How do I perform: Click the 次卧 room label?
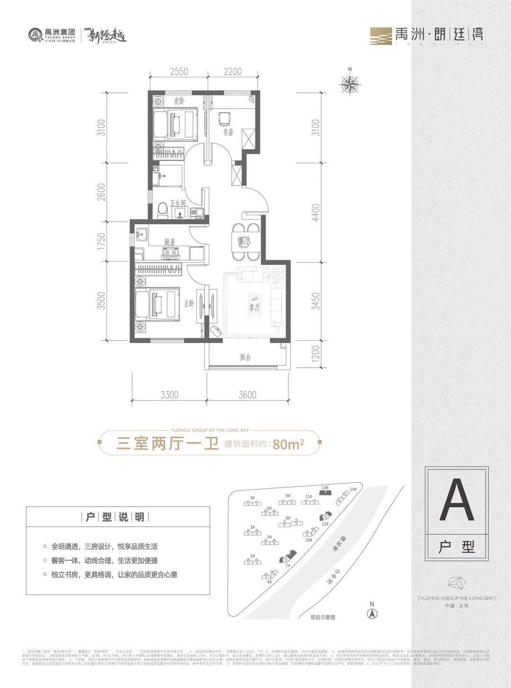[178, 101]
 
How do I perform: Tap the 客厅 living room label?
[255, 308]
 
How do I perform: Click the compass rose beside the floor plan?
[350, 85]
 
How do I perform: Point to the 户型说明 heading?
[118, 517]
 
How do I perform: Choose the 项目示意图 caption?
[322, 617]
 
